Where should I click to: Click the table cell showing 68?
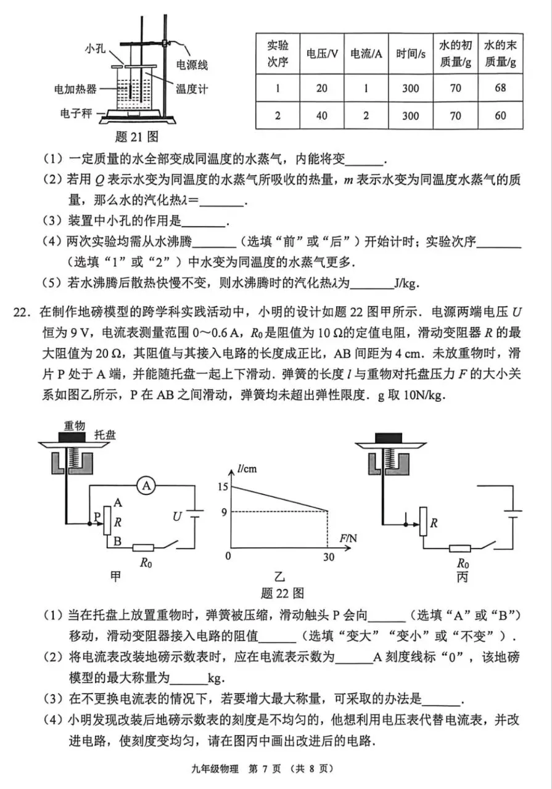coord(500,88)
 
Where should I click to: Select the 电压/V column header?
coord(322,54)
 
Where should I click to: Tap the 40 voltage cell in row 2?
coord(322,115)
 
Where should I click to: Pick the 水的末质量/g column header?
coord(500,54)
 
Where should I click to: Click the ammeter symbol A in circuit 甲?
coord(146,486)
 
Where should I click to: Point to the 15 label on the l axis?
coord(223,487)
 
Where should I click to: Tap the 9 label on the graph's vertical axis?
coord(225,510)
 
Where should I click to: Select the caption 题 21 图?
coord(136,136)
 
